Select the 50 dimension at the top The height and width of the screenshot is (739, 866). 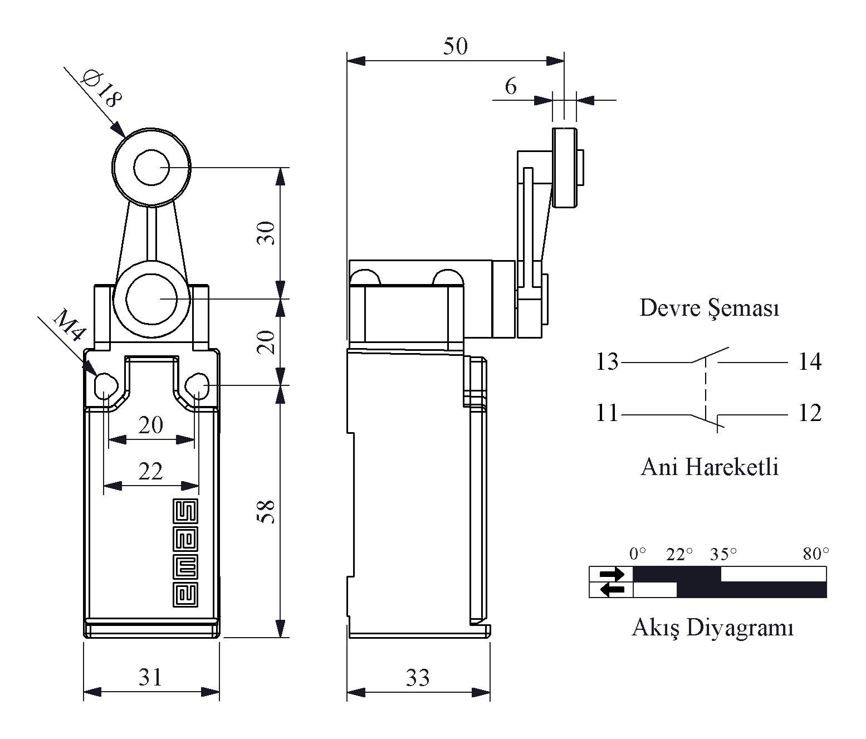click(x=456, y=46)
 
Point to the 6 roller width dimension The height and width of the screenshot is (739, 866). click(x=511, y=86)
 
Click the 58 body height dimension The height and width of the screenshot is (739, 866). click(x=266, y=512)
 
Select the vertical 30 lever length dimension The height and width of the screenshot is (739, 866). click(x=266, y=233)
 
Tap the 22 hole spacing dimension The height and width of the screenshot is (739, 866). click(x=150, y=472)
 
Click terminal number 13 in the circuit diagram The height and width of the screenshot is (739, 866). click(x=607, y=362)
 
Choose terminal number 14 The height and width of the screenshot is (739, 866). click(x=810, y=362)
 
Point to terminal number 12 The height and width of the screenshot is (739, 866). click(x=810, y=413)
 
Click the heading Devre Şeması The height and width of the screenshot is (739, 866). click(x=710, y=309)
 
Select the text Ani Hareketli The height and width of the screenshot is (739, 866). click(x=710, y=467)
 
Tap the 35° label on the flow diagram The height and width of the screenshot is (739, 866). click(x=723, y=554)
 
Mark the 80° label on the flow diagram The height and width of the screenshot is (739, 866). click(x=816, y=554)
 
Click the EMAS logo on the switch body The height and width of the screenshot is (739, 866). click(x=185, y=552)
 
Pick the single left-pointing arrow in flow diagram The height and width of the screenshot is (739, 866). click(x=613, y=590)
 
